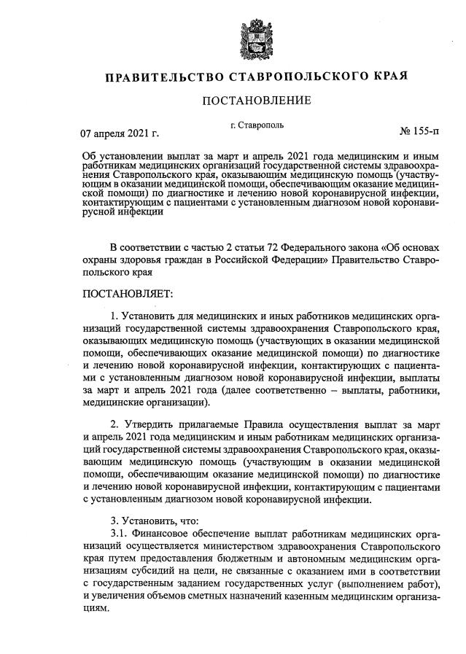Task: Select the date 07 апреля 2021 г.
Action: pos(120,134)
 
